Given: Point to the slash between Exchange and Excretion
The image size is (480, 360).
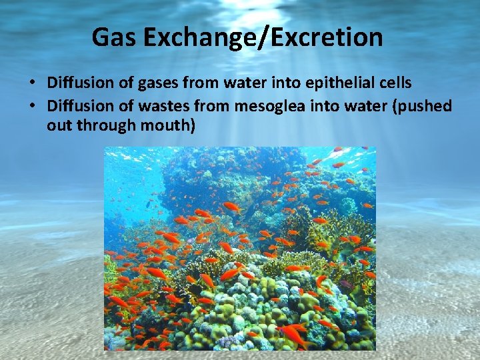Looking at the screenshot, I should tap(257, 37).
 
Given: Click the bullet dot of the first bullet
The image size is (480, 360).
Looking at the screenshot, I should tap(31, 84).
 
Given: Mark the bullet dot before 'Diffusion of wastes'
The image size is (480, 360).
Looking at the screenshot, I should tap(31, 106).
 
